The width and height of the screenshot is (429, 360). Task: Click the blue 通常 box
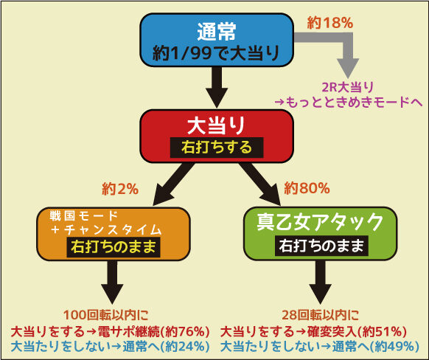(217, 40)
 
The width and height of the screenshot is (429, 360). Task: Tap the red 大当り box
(217, 136)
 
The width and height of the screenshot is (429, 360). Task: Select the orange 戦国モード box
(114, 234)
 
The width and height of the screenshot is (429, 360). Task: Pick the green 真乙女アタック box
(320, 234)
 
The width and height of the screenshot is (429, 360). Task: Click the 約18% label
(330, 23)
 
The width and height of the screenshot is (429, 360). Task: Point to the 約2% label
(120, 189)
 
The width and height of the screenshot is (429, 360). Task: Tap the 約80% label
(307, 188)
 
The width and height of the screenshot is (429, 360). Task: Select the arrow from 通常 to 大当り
(217, 88)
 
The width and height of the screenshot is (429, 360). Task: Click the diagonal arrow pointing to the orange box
(172, 184)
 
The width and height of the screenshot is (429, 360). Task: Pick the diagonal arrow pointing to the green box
(260, 184)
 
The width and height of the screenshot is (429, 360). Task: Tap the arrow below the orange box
(112, 283)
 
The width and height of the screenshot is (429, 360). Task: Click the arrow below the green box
(320, 283)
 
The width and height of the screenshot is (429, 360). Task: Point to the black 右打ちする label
(217, 148)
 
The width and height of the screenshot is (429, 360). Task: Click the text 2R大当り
(348, 88)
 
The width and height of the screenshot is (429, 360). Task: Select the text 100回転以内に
(106, 316)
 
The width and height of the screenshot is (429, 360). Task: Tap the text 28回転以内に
(320, 316)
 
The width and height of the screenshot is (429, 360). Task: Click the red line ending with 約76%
(110, 332)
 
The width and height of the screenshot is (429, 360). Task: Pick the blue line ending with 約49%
(320, 347)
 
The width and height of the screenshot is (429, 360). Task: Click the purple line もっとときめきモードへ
(349, 103)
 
